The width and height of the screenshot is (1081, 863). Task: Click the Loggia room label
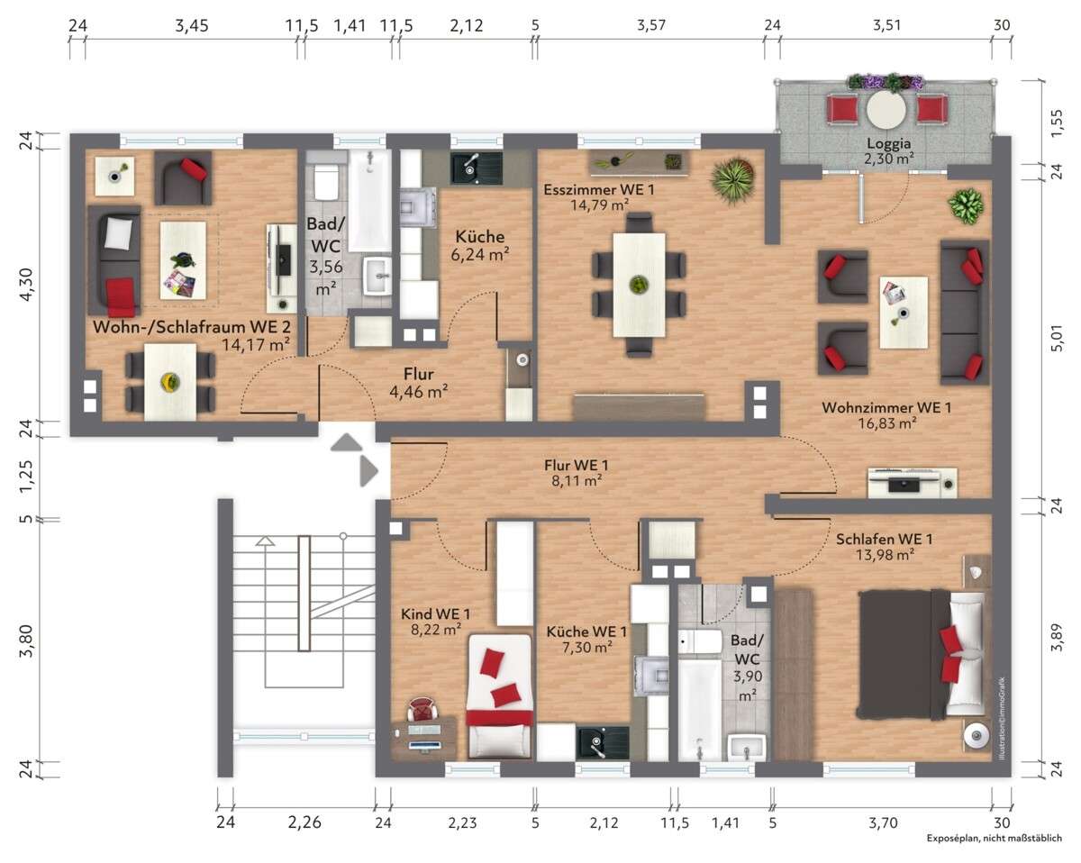(888, 143)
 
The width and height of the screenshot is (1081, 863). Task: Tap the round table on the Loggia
(886, 109)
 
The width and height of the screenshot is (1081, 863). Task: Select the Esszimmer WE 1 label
(599, 190)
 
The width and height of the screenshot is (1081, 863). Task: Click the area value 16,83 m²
(887, 423)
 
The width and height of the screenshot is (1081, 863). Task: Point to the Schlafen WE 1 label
(884, 540)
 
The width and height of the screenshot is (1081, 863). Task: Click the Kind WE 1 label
(435, 613)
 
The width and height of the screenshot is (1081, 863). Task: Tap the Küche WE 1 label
(586, 631)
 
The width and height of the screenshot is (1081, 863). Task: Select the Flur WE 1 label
(577, 465)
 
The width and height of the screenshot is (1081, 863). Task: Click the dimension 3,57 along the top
(651, 25)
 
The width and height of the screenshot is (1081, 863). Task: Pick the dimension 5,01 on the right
(1057, 338)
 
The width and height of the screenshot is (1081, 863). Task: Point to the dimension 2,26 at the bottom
(304, 822)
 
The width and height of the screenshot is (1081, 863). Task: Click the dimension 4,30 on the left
(25, 285)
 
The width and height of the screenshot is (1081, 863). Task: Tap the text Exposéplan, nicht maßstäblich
(995, 838)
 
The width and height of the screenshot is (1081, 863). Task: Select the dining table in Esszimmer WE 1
(639, 285)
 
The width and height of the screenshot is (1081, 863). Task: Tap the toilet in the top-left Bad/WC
(325, 181)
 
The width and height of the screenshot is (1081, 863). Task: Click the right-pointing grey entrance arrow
(368, 471)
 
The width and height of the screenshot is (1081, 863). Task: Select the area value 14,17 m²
(256, 345)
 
